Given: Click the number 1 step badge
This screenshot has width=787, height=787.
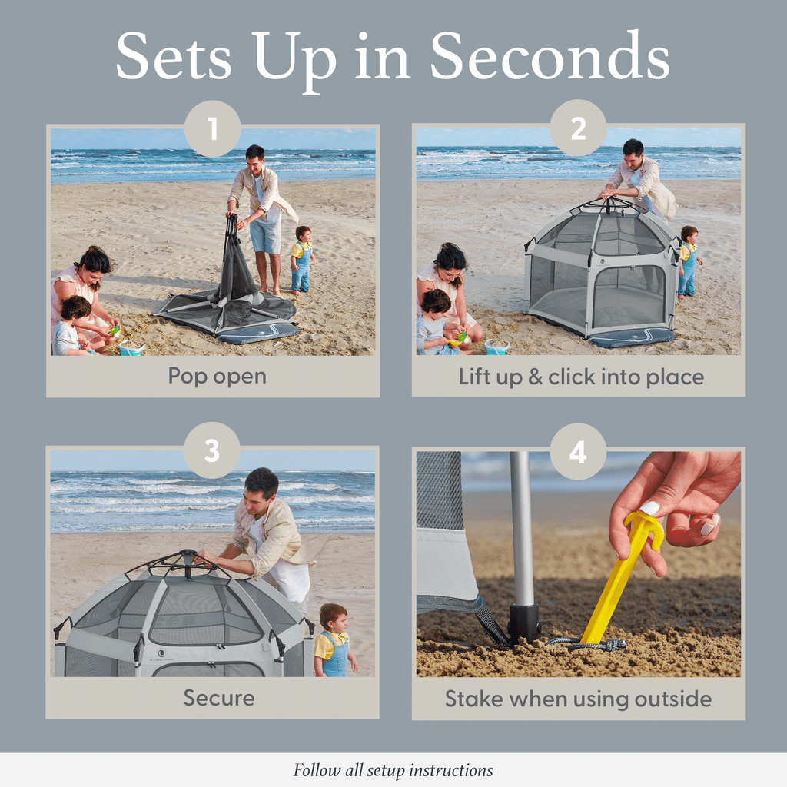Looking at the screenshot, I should coord(213,128).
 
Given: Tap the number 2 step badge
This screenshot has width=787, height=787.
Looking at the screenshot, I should coord(578,128).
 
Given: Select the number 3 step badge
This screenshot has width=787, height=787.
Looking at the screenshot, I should coord(212,451).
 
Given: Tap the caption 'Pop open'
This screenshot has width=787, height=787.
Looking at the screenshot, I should coord(218,377).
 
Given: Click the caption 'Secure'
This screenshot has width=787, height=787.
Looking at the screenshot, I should coord(218,698).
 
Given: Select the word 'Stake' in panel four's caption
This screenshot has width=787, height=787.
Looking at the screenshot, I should coord(472,699).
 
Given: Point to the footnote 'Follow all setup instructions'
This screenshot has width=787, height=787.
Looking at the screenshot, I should coord(393,770).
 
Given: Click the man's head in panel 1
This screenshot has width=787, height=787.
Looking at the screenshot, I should coord(255,158).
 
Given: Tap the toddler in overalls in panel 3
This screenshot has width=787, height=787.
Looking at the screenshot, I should coord(334,640).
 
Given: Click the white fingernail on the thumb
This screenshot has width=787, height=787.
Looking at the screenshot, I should coord(650,508).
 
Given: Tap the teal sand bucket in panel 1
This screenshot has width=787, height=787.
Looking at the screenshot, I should coord(131,348).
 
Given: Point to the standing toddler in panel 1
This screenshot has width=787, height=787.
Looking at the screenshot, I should coord(302,260).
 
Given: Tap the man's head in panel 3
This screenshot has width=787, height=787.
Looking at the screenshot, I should coord(261,490).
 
